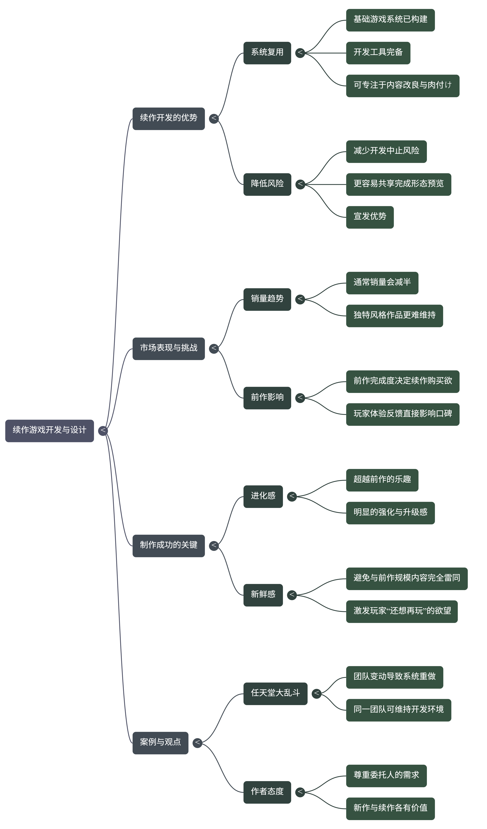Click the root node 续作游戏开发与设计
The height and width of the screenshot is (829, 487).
click(49, 431)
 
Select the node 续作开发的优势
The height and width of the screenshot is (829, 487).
click(168, 118)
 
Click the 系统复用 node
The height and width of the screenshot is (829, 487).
click(267, 53)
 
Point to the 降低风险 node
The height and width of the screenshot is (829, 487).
click(267, 184)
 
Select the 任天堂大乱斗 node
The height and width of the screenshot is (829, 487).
click(275, 693)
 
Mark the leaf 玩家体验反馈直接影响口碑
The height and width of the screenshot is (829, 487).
click(402, 414)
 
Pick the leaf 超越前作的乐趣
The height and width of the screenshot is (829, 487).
click(382, 480)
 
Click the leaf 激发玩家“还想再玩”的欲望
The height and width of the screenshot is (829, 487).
click(402, 611)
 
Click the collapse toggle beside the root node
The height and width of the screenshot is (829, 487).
click(103, 431)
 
